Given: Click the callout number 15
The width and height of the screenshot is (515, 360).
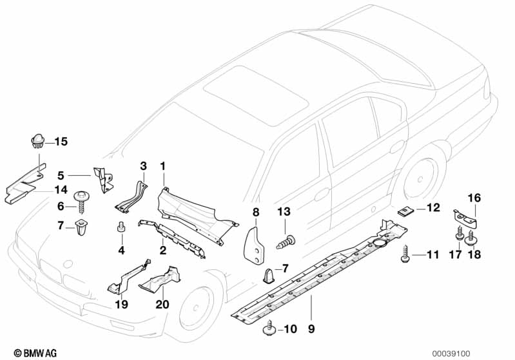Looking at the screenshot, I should coord(61,141).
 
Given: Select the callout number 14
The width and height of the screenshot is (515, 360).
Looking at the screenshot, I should coord(60,189).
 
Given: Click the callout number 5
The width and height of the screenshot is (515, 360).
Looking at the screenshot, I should coord(61,175).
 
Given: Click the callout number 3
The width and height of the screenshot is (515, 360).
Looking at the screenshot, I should coord(143,166).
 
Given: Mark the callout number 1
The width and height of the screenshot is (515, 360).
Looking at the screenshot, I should coord(163,166).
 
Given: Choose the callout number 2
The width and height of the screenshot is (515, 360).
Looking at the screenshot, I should coord(163,249).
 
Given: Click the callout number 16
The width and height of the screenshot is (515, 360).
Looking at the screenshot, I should coord(474,198).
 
